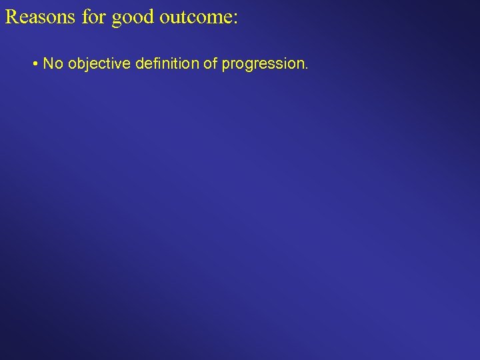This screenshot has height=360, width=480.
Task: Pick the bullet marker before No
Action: (x=34, y=64)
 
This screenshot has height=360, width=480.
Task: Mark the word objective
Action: (x=99, y=65)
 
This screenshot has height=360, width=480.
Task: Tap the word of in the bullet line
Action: (x=213, y=64)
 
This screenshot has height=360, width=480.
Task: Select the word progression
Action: (x=263, y=65)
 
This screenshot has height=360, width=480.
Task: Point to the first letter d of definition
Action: (x=139, y=64)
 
